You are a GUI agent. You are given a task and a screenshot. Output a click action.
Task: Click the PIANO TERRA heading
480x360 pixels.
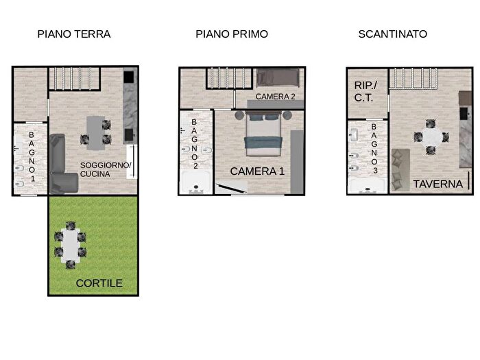pyautogui.click(x=74, y=34)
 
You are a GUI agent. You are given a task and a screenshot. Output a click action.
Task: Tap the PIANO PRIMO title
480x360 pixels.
pyautogui.click(x=231, y=34)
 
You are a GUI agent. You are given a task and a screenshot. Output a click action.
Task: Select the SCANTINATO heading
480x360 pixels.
pyautogui.click(x=393, y=34)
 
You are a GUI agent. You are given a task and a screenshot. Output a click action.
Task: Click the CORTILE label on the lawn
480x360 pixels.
pyautogui.click(x=99, y=283)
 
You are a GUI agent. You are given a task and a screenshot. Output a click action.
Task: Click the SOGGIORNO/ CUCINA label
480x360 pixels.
pyautogui.click(x=106, y=169)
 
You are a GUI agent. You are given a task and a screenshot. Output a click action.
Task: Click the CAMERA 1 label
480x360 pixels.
pyautogui.click(x=257, y=171)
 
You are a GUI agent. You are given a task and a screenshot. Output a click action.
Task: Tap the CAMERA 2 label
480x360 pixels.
pyautogui.click(x=275, y=97)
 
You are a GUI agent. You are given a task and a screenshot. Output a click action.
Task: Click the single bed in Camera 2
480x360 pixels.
pyautogui.click(x=278, y=78)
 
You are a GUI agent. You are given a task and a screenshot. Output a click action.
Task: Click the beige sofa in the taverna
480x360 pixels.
pyautogui.click(x=401, y=169)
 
